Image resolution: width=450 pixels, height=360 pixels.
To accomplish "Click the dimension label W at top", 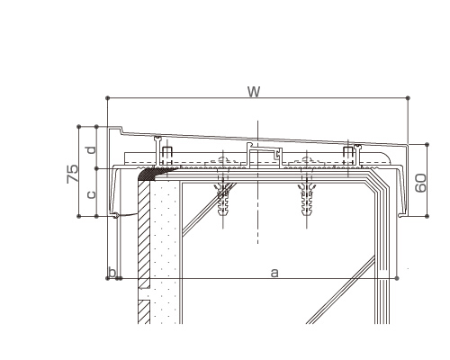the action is tap(254, 92).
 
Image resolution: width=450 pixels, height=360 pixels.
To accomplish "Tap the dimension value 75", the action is tap(72, 174).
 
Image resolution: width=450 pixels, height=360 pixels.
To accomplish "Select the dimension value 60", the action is tap(420, 183).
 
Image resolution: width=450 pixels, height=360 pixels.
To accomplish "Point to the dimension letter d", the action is tap(92, 149).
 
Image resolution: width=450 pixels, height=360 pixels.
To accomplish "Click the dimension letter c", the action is tap(91, 194).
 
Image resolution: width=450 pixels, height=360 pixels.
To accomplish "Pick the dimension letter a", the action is tap(274, 273).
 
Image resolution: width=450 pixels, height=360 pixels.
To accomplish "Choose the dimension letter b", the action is tap(112, 273).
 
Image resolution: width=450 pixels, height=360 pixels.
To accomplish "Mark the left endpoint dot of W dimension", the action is tap(108, 98).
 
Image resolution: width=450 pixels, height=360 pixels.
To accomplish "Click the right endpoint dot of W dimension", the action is tap(408, 98).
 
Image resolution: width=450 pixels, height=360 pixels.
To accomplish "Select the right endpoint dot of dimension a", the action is tap(397, 278).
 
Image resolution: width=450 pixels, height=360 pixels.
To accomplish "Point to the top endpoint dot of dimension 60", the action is tap(427, 145).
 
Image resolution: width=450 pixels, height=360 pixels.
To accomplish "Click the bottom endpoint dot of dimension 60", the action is tap(427, 216).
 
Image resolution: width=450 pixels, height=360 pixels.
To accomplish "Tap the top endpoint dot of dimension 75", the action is tap(79, 127).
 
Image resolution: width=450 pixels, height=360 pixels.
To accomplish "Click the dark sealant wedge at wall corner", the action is tap(149, 174).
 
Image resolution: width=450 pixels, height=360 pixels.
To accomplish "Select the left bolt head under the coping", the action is tap(166, 152).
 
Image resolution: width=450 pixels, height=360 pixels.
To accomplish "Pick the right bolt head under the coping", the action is tap(347, 152).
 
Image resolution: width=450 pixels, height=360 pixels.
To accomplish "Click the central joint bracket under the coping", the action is tap(265, 155).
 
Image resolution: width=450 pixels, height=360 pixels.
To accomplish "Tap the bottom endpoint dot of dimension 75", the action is tap(79, 216).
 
